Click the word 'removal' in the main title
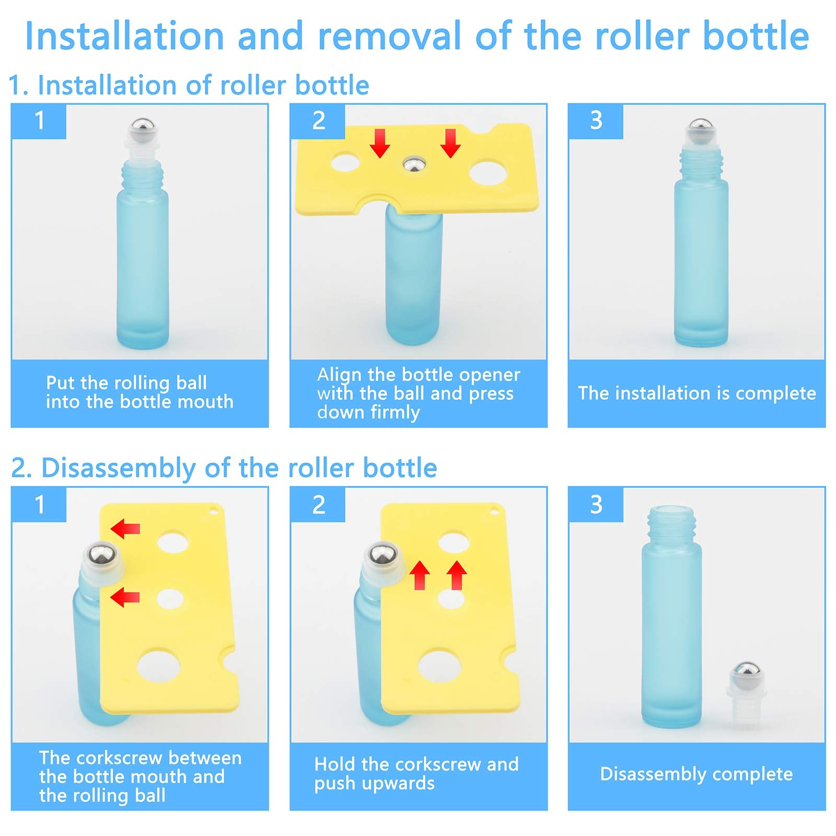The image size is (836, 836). point(389,36)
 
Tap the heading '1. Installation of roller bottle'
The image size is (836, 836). point(189,85)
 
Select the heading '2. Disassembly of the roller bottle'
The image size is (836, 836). point(224,468)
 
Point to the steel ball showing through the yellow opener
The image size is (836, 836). point(413,165)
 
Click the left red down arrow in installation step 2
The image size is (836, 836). point(379,143)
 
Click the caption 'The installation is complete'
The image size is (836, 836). point(696,393)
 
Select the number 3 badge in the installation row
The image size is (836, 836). point(596,121)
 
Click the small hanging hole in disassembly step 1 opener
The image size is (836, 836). point(213,513)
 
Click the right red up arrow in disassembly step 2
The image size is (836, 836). point(457,574)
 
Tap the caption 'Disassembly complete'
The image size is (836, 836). point(696,774)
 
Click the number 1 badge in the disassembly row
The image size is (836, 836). point(39,505)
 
